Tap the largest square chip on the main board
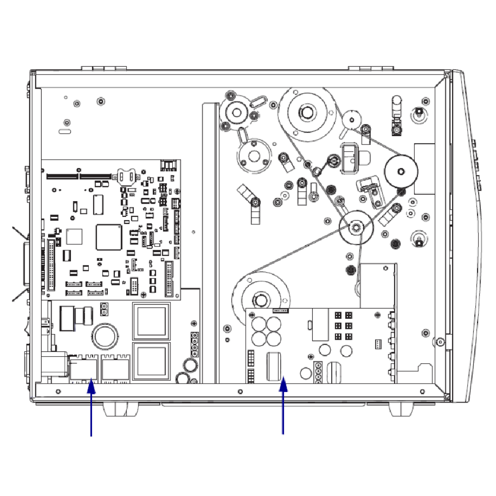pyautogui.click(x=109, y=237)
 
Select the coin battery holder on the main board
pyautogui.click(x=127, y=176)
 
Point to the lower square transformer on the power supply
pyautogui.click(x=151, y=361)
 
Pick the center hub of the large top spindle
pyautogui.click(x=306, y=112)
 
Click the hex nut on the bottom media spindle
pyautogui.click(x=259, y=299)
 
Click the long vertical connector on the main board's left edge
pyautogui.click(x=51, y=268)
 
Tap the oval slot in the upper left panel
pyautogui.click(x=65, y=131)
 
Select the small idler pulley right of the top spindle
pyautogui.click(x=352, y=120)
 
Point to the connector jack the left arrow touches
pyautogui.click(x=84, y=368)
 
